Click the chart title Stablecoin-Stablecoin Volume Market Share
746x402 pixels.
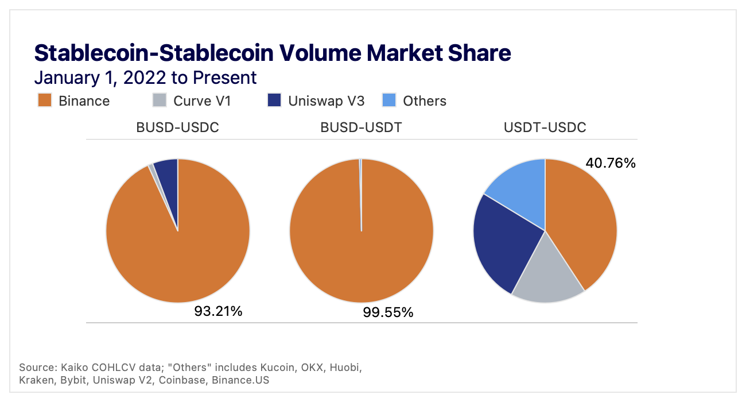tap(273, 53)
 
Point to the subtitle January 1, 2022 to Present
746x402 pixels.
tap(145, 78)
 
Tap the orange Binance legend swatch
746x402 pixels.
tap(45, 101)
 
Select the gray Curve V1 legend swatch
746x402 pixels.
tap(160, 101)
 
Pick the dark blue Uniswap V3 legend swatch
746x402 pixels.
tap(275, 101)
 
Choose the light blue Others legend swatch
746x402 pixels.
tap(390, 101)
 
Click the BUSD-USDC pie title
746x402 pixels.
tap(177, 127)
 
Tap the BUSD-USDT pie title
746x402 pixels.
tap(361, 127)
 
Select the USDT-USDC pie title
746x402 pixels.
tap(545, 127)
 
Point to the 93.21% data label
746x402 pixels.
tap(218, 312)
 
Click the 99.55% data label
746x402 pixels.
tap(388, 313)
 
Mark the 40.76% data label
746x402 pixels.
tap(611, 164)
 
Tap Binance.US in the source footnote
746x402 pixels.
tap(240, 380)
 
